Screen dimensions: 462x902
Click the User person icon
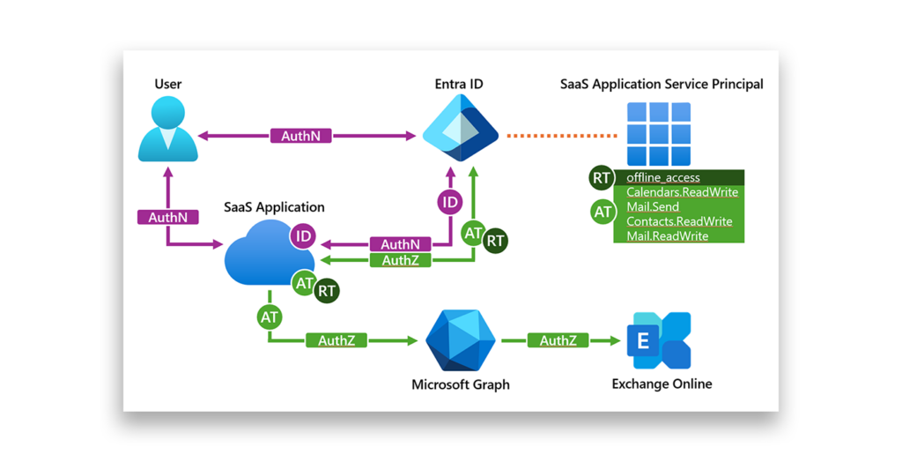[167, 129]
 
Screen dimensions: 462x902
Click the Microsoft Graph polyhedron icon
[460, 340]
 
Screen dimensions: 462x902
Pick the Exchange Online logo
[659, 340]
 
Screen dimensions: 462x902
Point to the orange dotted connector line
[561, 136]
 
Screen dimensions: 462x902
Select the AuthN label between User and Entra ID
[307, 136]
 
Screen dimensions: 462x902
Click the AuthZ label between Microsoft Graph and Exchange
[558, 340]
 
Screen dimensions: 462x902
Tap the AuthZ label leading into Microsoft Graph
[336, 340]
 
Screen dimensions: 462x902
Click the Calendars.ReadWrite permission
[682, 192]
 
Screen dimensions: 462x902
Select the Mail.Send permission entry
[653, 207]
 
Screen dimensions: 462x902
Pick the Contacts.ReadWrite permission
[679, 221]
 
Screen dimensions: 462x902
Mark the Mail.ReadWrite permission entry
[667, 236]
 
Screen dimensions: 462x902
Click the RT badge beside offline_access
[602, 178]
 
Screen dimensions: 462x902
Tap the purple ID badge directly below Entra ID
[450, 202]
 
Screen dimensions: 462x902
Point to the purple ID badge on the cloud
[303, 235]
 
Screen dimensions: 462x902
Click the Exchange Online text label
[662, 384]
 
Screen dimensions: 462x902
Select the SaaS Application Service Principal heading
[662, 85]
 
